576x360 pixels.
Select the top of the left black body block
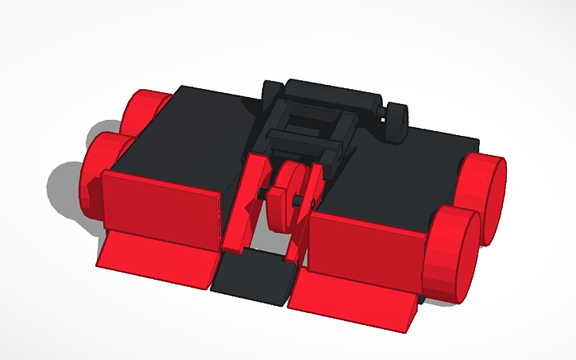[x=191, y=127]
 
